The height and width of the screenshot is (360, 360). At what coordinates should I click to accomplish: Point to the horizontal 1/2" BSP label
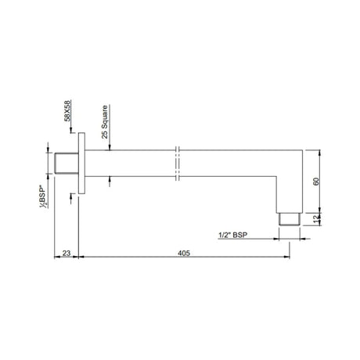tap(235, 234)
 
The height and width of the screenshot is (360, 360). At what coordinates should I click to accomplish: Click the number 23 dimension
tap(67, 254)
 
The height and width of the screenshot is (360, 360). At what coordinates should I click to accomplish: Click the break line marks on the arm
tap(178, 165)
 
